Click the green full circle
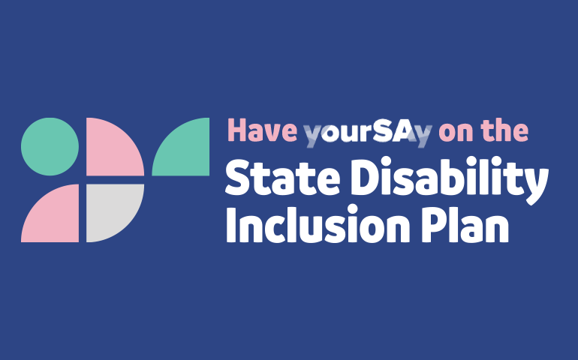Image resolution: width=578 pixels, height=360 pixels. pos(50,146)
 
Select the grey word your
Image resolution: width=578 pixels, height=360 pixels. pos(330,133)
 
